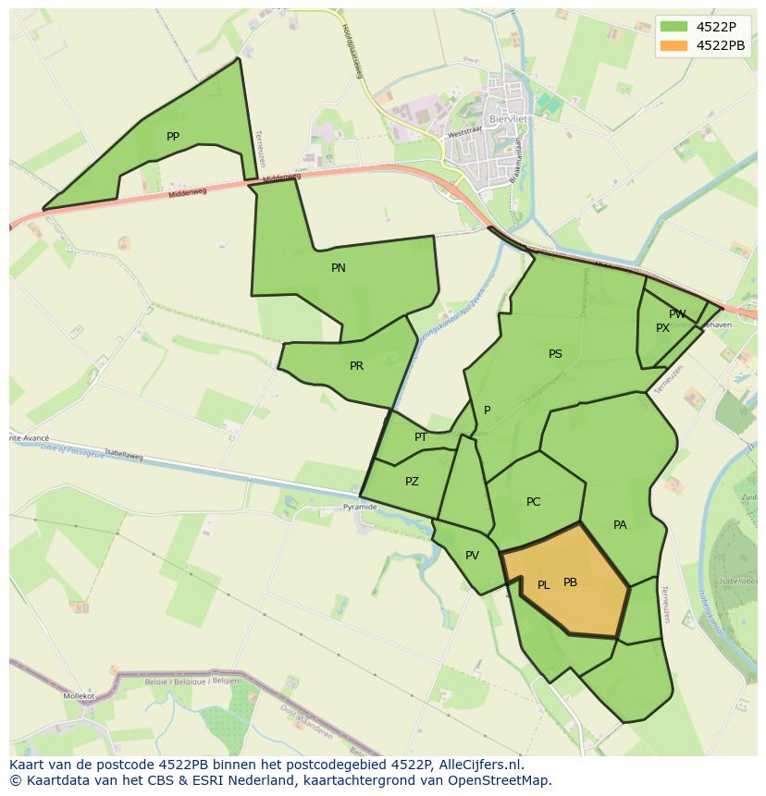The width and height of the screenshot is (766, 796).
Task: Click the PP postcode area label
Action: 173,137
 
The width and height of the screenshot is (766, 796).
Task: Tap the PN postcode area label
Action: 339,268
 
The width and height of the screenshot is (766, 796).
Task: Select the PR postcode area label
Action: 357,366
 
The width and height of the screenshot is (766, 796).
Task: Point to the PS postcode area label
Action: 555,354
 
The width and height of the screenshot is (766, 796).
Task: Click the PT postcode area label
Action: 421,437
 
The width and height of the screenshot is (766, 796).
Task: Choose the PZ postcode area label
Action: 412,482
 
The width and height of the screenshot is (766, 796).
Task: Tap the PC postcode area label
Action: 533,502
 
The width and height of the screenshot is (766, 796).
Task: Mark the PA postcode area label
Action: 620,525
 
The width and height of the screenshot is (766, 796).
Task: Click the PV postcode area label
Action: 472,556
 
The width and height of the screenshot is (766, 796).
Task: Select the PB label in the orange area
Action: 570,582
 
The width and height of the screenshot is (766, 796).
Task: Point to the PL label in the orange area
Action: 544,585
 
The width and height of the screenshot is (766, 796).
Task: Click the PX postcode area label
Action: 662,328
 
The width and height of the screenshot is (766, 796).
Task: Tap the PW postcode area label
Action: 678,314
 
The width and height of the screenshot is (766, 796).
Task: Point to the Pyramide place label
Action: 360,507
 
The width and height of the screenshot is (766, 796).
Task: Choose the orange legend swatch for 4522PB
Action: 674,45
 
